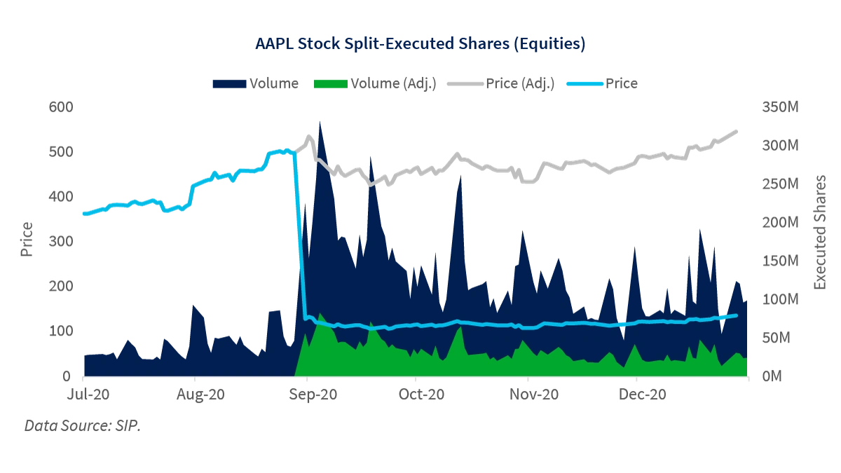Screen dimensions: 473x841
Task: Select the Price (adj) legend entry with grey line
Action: (x=507, y=83)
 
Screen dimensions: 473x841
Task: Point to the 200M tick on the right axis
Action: (x=781, y=224)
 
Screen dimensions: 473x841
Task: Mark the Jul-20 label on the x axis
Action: (x=84, y=397)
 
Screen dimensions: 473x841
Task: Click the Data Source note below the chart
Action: (x=81, y=424)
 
